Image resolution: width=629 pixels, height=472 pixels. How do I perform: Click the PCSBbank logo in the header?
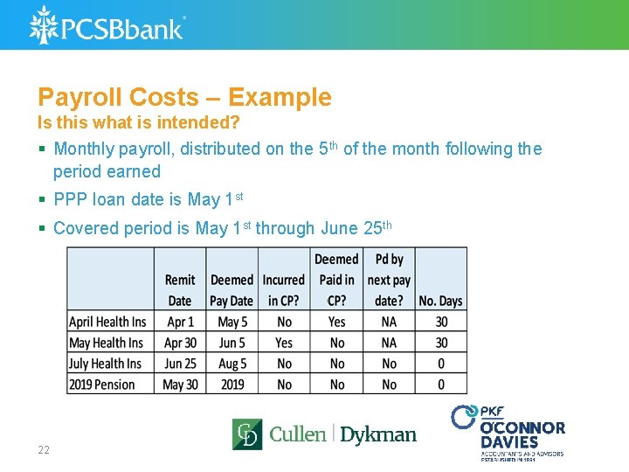coord(107,25)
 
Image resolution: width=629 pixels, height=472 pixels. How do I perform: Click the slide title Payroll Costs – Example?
coord(184,97)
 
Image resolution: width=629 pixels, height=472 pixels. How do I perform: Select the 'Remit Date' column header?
coord(180,290)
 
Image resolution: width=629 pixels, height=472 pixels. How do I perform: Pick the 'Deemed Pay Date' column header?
coord(232,290)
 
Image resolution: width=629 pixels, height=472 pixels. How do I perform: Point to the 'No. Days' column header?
coord(440,301)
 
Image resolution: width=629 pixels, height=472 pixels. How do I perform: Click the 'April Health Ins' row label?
coord(107,322)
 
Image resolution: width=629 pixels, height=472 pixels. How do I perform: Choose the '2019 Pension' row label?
coord(102,385)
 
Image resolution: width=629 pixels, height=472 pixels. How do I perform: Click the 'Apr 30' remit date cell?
coord(180,343)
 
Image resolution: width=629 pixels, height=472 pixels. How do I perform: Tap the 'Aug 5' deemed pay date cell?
coord(232,364)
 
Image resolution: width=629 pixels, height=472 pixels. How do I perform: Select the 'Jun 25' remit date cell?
coord(180,364)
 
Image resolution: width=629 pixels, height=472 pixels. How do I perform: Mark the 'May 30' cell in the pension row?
coord(180,385)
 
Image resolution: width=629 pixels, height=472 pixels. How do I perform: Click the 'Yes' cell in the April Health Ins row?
coord(336,322)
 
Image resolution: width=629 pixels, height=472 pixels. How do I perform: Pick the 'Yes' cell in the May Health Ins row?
coord(284,343)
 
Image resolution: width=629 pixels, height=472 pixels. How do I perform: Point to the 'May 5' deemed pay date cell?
coord(232,322)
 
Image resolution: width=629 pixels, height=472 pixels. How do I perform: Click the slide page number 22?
coord(44,450)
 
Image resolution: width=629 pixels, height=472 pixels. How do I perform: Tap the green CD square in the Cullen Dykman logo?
coord(246,434)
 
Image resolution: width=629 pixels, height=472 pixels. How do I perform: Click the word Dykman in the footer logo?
coord(377,434)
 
